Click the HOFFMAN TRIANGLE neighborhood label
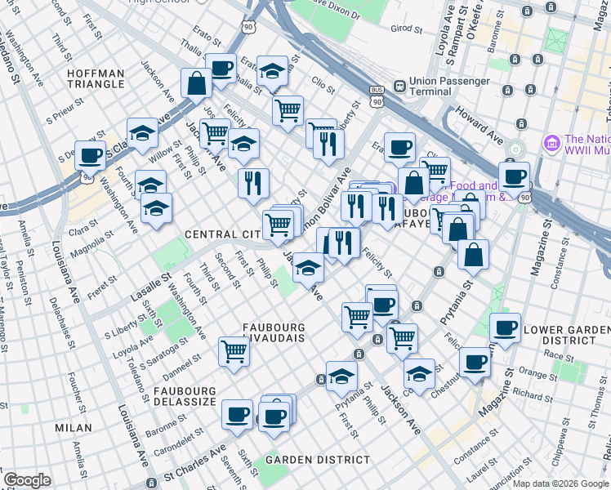point(96,79)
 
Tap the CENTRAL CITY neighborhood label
point(222,234)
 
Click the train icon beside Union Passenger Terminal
point(399,86)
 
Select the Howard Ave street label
point(478,121)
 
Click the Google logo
point(27,480)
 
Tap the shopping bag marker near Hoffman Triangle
point(196,83)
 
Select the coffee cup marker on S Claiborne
point(91,155)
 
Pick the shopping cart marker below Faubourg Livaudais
point(234,352)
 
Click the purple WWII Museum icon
point(553,144)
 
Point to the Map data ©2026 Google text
point(560,483)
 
